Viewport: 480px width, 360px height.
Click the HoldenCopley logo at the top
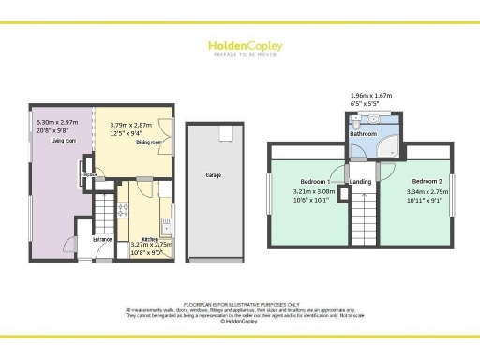coord(240,47)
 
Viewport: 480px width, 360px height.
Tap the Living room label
coord(64,140)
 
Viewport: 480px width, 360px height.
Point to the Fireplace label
coord(89,174)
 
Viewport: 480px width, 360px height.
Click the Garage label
coord(214,175)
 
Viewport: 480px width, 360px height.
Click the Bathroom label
coord(364,134)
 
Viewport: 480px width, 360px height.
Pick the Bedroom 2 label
coord(426,180)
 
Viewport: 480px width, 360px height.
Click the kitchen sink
coord(165,224)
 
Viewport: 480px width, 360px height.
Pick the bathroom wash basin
coord(372,118)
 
